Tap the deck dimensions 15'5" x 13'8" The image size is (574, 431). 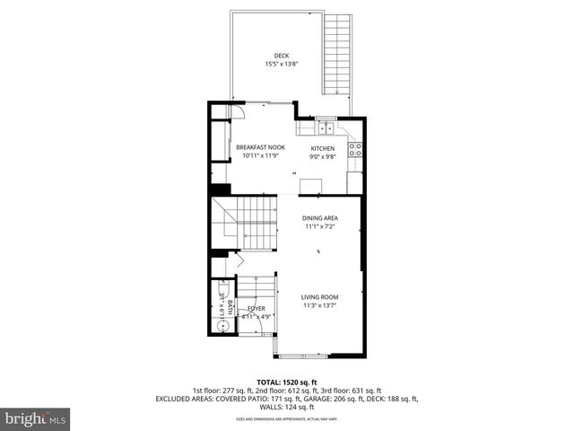coord(282,65)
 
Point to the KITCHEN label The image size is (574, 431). coord(322,148)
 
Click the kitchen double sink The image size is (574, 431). coord(326,128)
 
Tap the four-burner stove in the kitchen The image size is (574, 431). coord(355,150)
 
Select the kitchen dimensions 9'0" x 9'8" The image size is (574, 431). coord(322,157)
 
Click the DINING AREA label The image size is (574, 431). coord(319,218)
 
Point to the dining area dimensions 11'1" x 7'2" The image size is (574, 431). coord(319,227)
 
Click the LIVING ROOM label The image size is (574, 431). coord(319,297)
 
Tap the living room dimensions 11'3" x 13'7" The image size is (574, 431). coord(319,306)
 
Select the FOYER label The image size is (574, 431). coord(257,308)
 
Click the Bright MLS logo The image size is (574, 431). coord(36,418)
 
